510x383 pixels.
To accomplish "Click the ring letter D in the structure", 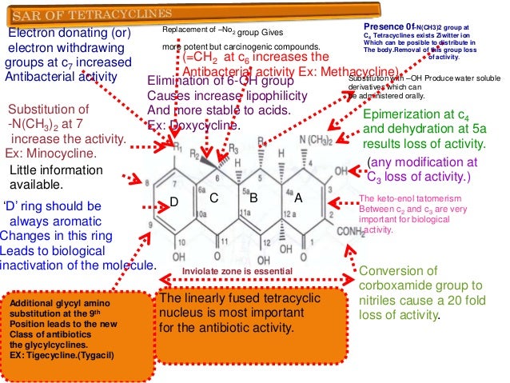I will pos(172,204).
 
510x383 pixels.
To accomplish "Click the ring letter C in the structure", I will pos(213,196).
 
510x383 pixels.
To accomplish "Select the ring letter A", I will pos(297,196).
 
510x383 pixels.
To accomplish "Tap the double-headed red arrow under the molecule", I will pos(256,281).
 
